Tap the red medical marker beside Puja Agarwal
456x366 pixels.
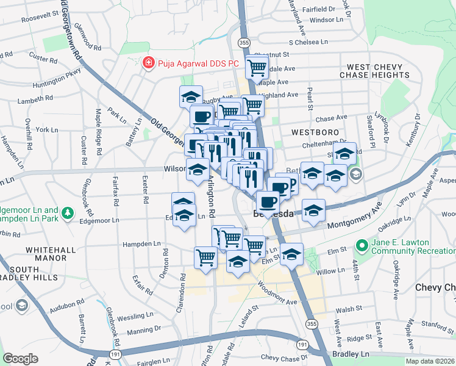pos(147,63)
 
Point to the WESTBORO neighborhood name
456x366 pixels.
pos(310,132)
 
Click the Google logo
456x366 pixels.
pos(20,358)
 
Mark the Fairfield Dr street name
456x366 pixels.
pos(313,9)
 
